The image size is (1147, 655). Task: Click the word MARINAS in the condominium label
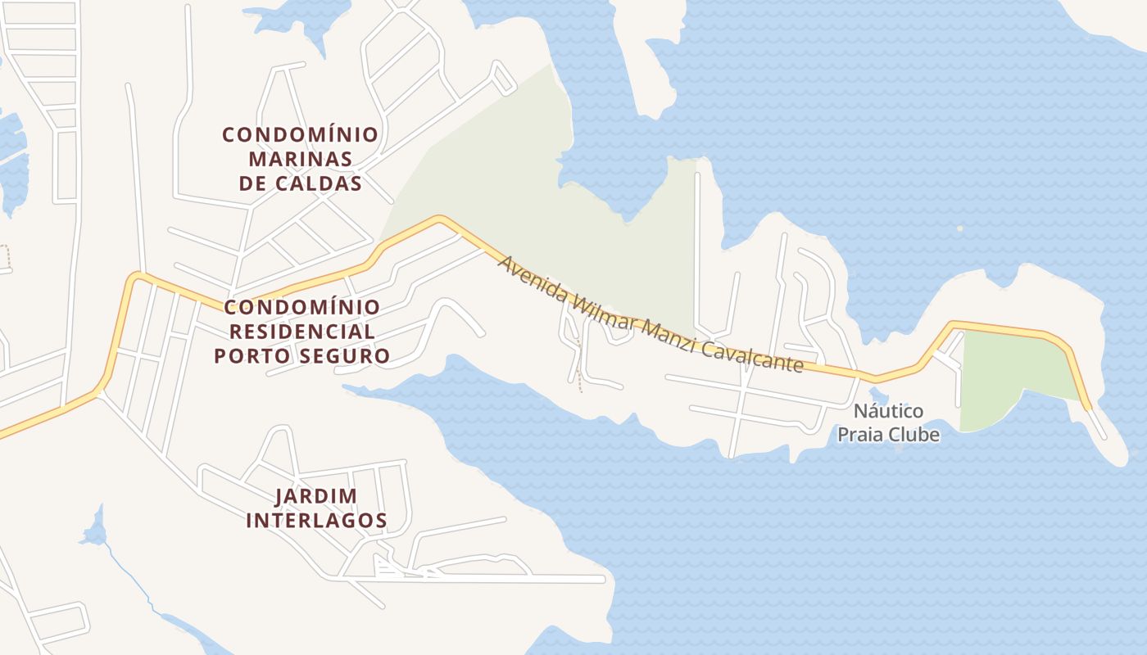click(300, 158)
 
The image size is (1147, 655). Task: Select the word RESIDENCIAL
click(301, 332)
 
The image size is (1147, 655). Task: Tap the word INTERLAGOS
click(316, 520)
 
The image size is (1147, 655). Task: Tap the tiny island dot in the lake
click(959, 229)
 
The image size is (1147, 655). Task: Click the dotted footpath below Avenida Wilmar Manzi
click(580, 368)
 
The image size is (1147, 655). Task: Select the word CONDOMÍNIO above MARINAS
click(300, 133)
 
